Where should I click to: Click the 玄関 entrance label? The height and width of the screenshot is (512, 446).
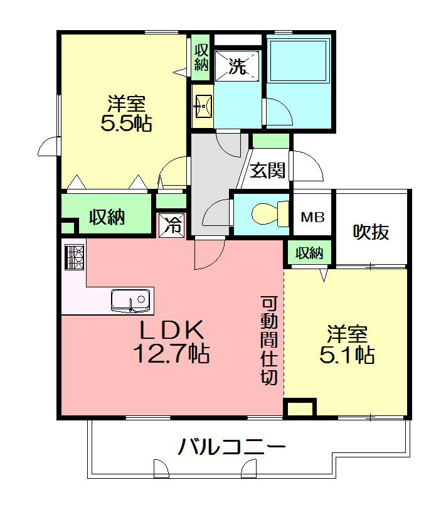click(268, 170)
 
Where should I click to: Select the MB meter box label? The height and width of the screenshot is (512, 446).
click(312, 218)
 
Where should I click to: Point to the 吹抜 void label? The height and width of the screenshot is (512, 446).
click(370, 232)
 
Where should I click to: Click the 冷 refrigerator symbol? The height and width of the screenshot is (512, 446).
click(172, 225)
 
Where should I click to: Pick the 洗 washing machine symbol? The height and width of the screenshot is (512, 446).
click(236, 66)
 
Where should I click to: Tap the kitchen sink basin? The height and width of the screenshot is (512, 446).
click(132, 300)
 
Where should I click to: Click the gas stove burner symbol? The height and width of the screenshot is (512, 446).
click(73, 257)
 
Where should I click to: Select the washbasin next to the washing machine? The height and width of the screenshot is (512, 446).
click(203, 107)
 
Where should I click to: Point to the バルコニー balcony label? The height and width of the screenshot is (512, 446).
click(231, 447)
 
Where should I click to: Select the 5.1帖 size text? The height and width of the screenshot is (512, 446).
click(347, 355)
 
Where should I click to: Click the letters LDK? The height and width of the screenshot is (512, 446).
click(170, 329)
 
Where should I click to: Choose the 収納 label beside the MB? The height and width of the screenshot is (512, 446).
click(309, 253)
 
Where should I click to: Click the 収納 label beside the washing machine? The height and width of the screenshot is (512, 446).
click(200, 57)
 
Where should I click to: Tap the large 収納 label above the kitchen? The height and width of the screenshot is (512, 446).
click(106, 217)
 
